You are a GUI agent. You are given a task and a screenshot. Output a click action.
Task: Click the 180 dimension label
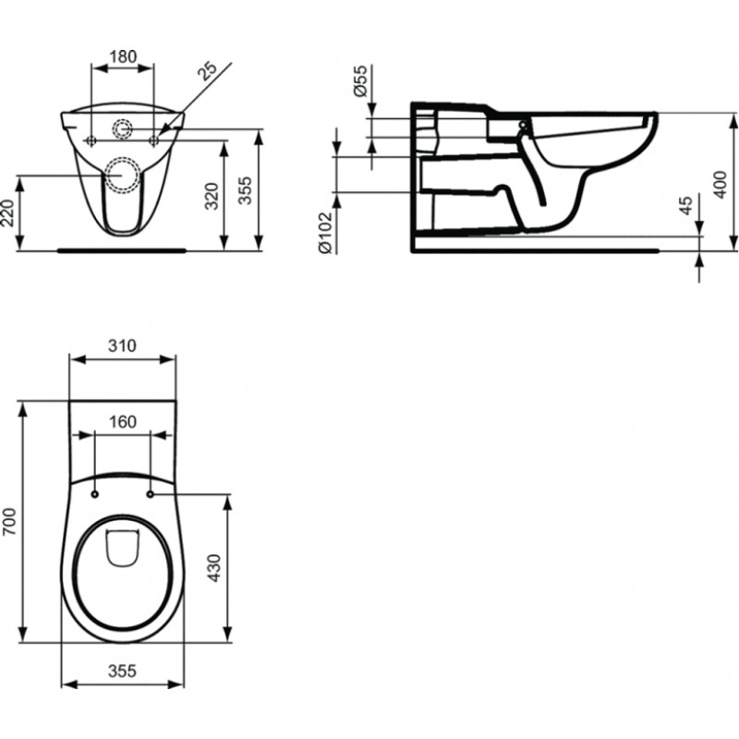coord(123,56)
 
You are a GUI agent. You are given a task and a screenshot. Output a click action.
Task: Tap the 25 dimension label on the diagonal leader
coord(207,71)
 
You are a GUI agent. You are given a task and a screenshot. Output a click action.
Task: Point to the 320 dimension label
coord(212,196)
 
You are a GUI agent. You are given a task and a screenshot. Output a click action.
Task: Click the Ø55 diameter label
coord(359,80)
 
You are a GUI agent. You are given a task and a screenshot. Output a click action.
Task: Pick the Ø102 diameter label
coord(325,233)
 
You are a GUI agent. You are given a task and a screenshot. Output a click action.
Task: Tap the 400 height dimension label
coord(721,184)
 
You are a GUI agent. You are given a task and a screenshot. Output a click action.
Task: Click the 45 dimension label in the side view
coord(687,205)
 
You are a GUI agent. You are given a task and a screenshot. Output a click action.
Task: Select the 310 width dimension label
coord(122,345)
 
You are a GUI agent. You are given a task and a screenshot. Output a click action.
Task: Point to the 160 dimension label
coord(122,421)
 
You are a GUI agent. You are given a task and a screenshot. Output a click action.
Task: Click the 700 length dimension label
coord(9,521)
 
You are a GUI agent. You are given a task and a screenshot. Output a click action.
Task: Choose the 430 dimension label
coord(214,568)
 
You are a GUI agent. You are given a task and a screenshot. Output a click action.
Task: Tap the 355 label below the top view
coord(122,671)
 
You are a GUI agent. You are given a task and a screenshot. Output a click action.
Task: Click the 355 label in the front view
coord(245,190)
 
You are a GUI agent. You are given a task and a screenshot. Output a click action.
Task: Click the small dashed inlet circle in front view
coord(122,128)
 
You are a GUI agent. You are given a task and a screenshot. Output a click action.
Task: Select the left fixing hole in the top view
coord(94,494)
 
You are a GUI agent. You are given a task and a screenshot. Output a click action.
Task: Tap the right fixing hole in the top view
coord(151,494)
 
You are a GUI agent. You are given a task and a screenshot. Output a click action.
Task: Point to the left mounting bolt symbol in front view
coord(91,140)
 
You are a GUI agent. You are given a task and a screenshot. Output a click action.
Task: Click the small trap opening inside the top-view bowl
coord(123,548)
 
